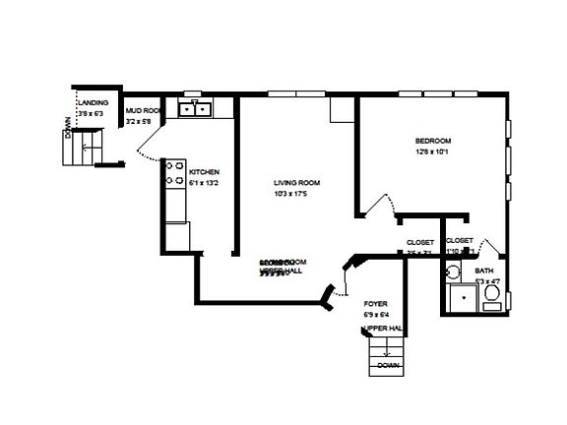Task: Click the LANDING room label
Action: click(94, 102)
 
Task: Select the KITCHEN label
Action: click(190, 171)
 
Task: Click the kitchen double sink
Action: click(194, 109)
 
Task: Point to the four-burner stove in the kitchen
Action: click(174, 173)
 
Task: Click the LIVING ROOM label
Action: click(296, 182)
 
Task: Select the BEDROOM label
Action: click(434, 141)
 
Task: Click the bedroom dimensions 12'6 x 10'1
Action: click(432, 152)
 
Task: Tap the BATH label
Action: click(485, 271)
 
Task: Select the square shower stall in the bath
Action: click(459, 298)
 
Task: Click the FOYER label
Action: click(375, 303)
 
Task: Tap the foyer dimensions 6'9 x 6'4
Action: click(376, 314)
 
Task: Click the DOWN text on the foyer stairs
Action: click(388, 364)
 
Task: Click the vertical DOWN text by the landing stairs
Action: click(67, 129)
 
